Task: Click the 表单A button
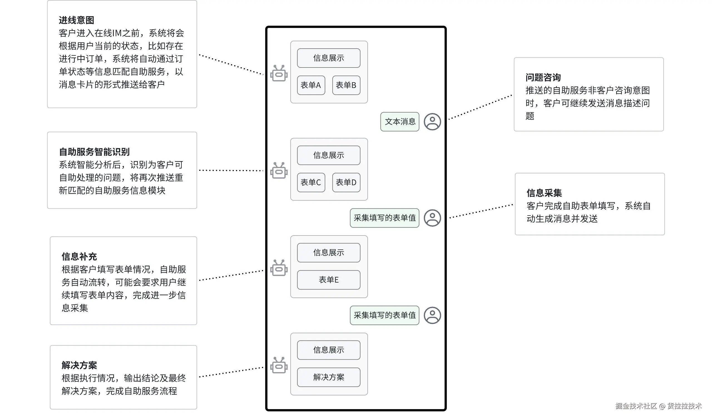point(311,85)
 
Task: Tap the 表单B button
point(346,85)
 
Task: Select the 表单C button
point(311,182)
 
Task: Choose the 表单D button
point(346,182)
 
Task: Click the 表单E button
point(328,280)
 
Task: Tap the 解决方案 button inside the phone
point(328,377)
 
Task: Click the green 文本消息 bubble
point(399,122)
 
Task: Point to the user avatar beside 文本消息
point(432,122)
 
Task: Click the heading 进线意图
point(76,20)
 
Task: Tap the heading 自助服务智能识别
point(94,152)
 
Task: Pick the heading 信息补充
point(79,257)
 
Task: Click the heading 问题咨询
point(543,77)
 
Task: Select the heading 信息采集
point(544,193)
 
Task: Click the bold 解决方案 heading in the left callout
point(79,365)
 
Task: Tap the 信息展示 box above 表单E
point(328,253)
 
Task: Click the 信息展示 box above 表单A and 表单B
point(328,58)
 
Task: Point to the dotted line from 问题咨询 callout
point(481,107)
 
